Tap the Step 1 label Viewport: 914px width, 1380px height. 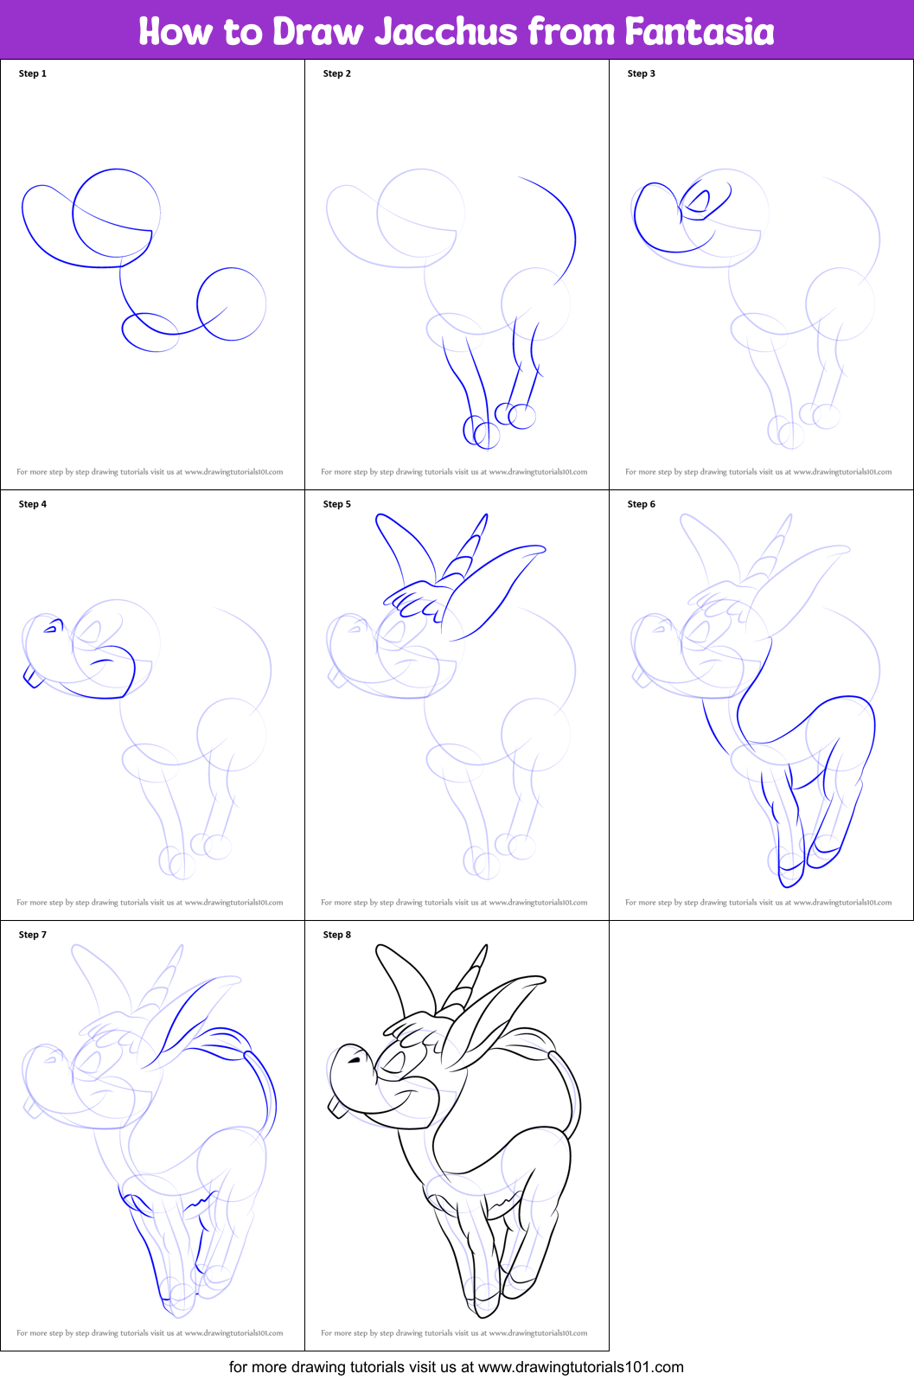coord(33,73)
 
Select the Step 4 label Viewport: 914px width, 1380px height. coord(33,504)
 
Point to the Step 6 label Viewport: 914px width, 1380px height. coord(642,504)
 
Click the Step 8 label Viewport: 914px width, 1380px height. coord(337,935)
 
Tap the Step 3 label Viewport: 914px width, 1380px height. coord(642,73)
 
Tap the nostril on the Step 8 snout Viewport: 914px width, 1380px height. coord(354,1059)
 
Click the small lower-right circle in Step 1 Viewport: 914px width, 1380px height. coord(232,303)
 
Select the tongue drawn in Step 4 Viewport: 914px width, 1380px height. coord(33,678)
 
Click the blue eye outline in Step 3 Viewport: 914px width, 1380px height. coord(697,202)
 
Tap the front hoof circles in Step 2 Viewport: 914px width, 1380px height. coord(482,431)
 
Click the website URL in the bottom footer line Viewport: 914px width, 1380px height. coord(580,1367)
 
